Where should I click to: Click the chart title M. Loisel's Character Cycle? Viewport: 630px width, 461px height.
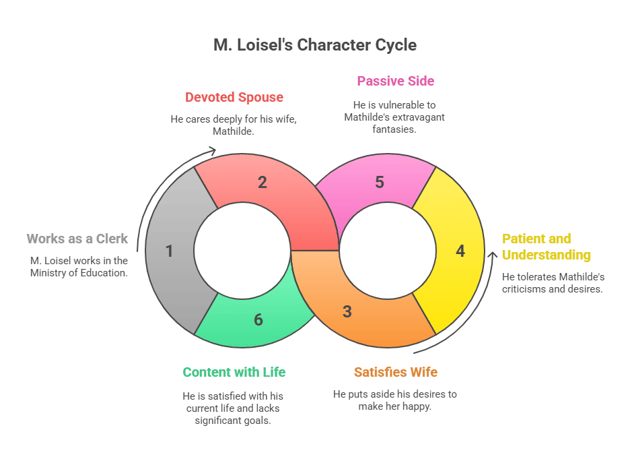tap(315, 45)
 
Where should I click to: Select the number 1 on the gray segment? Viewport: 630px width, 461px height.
tap(169, 251)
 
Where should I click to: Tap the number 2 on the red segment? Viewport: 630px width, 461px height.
tap(262, 182)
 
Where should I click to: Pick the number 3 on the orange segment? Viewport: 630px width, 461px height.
tap(347, 311)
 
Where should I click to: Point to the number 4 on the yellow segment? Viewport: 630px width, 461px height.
tap(460, 251)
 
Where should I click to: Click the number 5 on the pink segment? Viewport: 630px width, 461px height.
tap(380, 182)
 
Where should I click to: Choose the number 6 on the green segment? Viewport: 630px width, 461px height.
tap(258, 319)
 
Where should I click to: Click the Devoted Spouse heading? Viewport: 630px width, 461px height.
tap(234, 97)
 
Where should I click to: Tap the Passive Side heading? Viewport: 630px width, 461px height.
tap(395, 81)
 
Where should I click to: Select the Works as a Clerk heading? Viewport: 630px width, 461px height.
tap(77, 239)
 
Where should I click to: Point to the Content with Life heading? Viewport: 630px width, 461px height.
tap(234, 372)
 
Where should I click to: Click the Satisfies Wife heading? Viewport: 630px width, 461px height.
tap(396, 372)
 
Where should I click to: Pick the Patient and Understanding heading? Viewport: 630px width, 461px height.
tap(546, 247)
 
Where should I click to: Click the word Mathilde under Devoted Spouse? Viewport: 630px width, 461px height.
tap(232, 131)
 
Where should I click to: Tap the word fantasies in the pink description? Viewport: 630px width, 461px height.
tap(396, 129)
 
